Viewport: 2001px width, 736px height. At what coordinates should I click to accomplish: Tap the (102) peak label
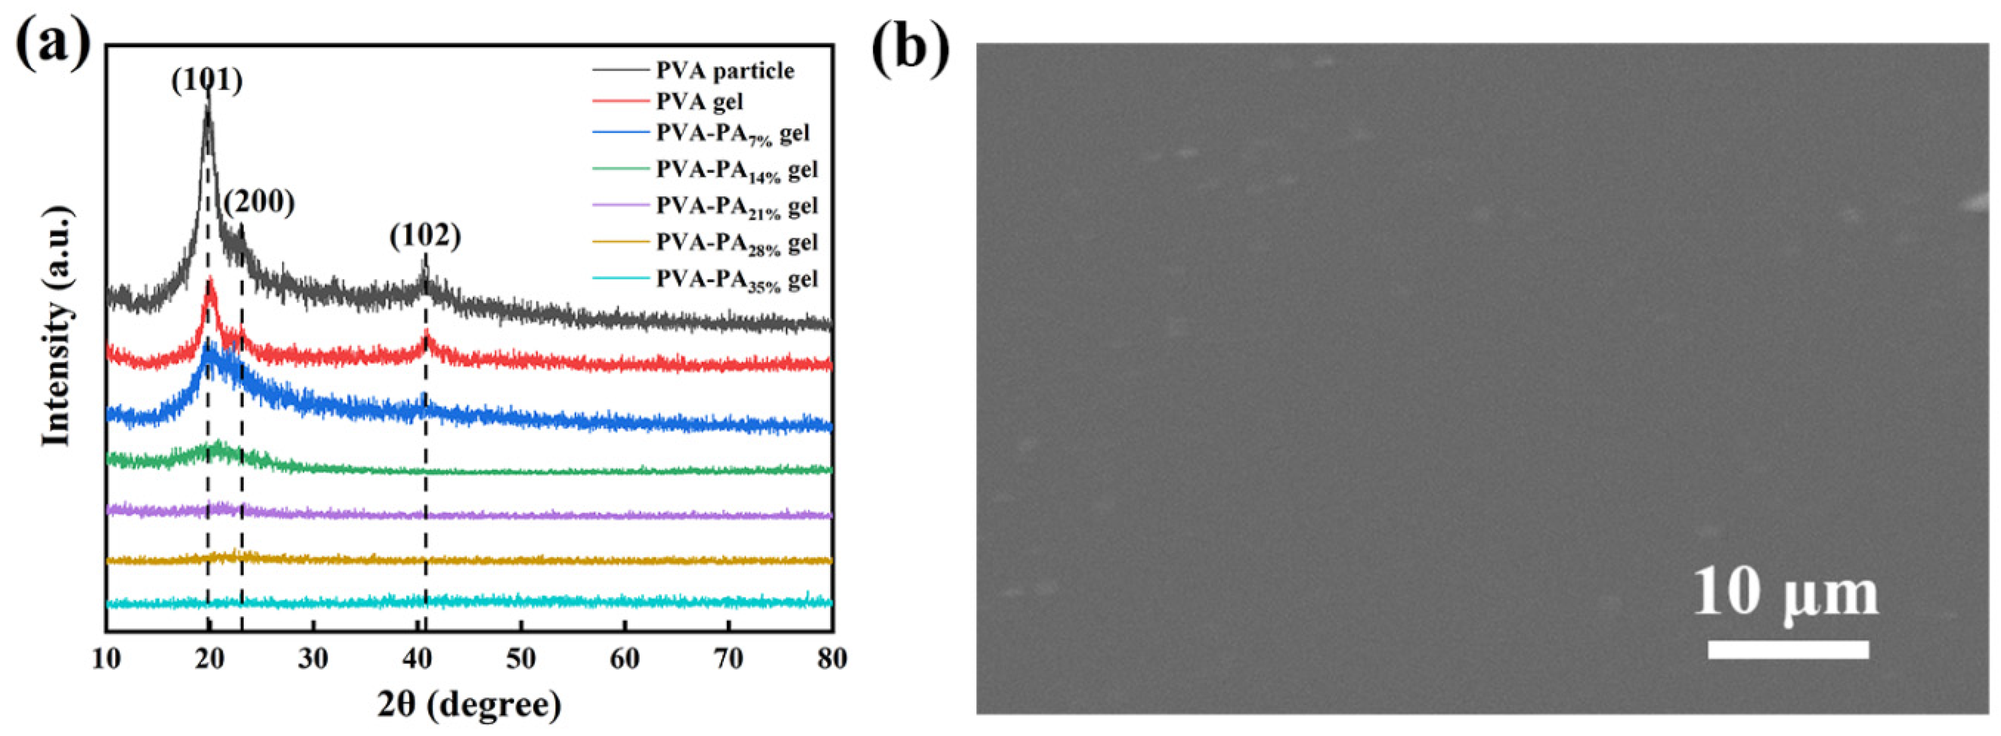(426, 236)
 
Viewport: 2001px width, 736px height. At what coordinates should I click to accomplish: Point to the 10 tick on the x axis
(107, 659)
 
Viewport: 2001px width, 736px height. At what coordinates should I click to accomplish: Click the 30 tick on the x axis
(314, 659)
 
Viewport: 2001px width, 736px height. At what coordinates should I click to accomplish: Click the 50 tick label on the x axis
(521, 659)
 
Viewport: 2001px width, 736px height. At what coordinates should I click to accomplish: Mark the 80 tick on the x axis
(832, 659)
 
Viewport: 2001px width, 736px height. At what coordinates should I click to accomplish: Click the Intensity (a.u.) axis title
(56, 326)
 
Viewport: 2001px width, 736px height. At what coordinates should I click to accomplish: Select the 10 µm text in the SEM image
(1785, 592)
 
